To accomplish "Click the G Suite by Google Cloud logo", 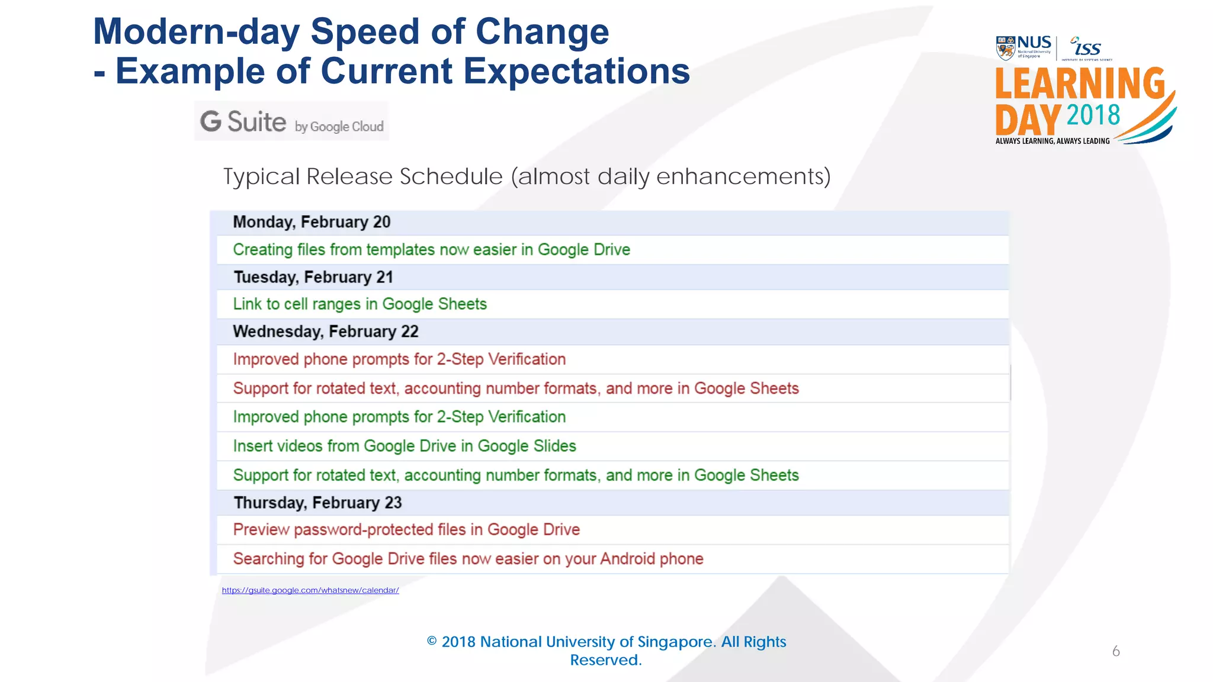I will click(x=291, y=121).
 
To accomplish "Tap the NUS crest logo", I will click(x=1005, y=49).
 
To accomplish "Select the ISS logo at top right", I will click(x=1087, y=47).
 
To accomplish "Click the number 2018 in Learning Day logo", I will click(x=1093, y=115).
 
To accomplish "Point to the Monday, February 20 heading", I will click(x=312, y=222).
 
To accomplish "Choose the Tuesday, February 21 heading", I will click(x=313, y=277).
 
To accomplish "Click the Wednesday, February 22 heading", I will click(x=326, y=332).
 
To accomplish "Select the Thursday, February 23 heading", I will click(x=317, y=503).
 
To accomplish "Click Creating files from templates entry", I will click(x=431, y=250).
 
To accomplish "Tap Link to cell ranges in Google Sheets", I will click(x=360, y=304).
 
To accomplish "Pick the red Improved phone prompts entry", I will click(x=399, y=359).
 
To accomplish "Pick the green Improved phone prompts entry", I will click(x=399, y=417).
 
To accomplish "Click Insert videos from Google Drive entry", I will click(x=405, y=446).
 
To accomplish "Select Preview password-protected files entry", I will click(x=406, y=530).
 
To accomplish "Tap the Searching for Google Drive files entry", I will click(x=468, y=559).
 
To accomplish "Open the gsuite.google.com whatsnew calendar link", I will click(x=310, y=590).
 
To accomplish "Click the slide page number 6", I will click(x=1116, y=651).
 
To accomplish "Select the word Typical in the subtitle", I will click(x=261, y=176).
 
